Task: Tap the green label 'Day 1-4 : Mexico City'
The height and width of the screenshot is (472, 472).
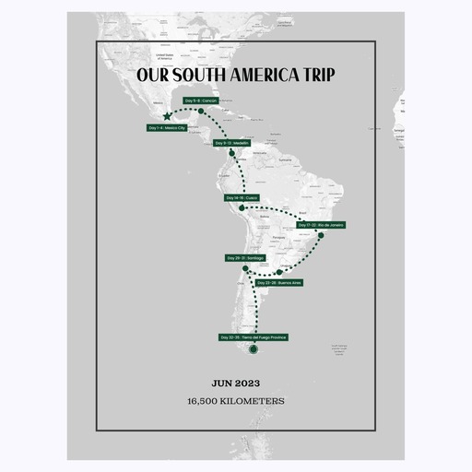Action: (x=166, y=128)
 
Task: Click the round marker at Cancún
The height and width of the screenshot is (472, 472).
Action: (x=200, y=112)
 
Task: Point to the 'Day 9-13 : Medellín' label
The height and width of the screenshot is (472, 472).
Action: (x=232, y=144)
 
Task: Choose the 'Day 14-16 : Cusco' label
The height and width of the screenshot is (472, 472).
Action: (x=242, y=198)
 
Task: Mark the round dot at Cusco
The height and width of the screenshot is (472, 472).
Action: (x=242, y=209)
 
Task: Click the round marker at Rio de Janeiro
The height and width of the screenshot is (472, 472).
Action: (x=320, y=236)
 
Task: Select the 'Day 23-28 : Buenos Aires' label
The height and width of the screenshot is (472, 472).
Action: (x=280, y=283)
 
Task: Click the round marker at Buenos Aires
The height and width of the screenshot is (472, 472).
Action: (x=279, y=272)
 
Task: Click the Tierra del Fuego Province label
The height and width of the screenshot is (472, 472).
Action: (x=254, y=337)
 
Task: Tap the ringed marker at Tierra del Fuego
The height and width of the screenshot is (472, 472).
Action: (x=254, y=349)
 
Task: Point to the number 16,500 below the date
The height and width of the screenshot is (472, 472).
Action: (x=206, y=401)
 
